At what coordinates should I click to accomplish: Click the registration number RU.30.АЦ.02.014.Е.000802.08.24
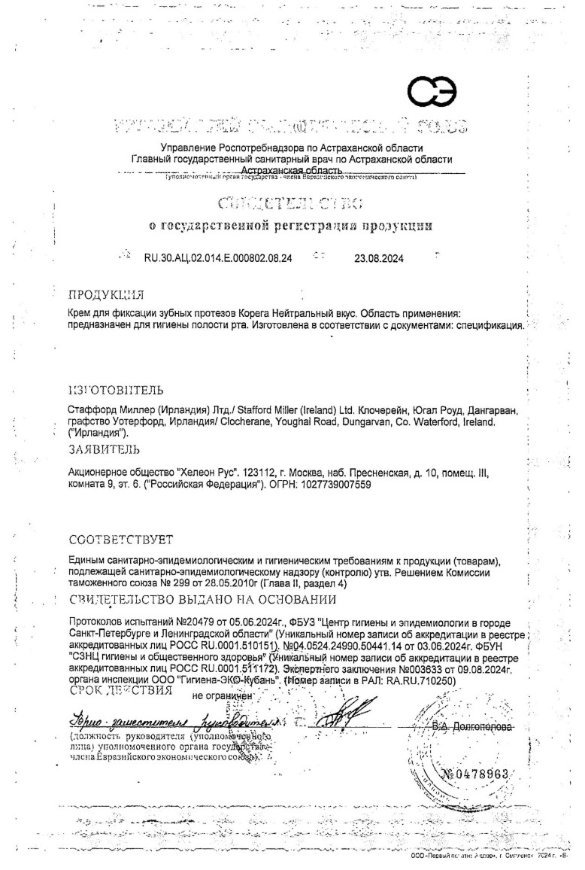(218, 258)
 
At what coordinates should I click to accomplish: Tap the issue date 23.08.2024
(379, 258)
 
